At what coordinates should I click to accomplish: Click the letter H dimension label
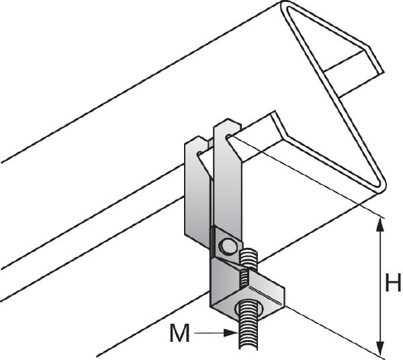pyautogui.click(x=393, y=283)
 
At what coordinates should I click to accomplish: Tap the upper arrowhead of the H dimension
pyautogui.click(x=381, y=224)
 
